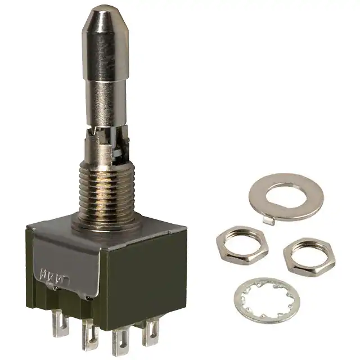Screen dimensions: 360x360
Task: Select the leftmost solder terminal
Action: (x=60, y=325)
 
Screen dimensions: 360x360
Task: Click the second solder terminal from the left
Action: (x=89, y=334)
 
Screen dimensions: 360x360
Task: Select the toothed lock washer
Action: (x=267, y=300)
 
